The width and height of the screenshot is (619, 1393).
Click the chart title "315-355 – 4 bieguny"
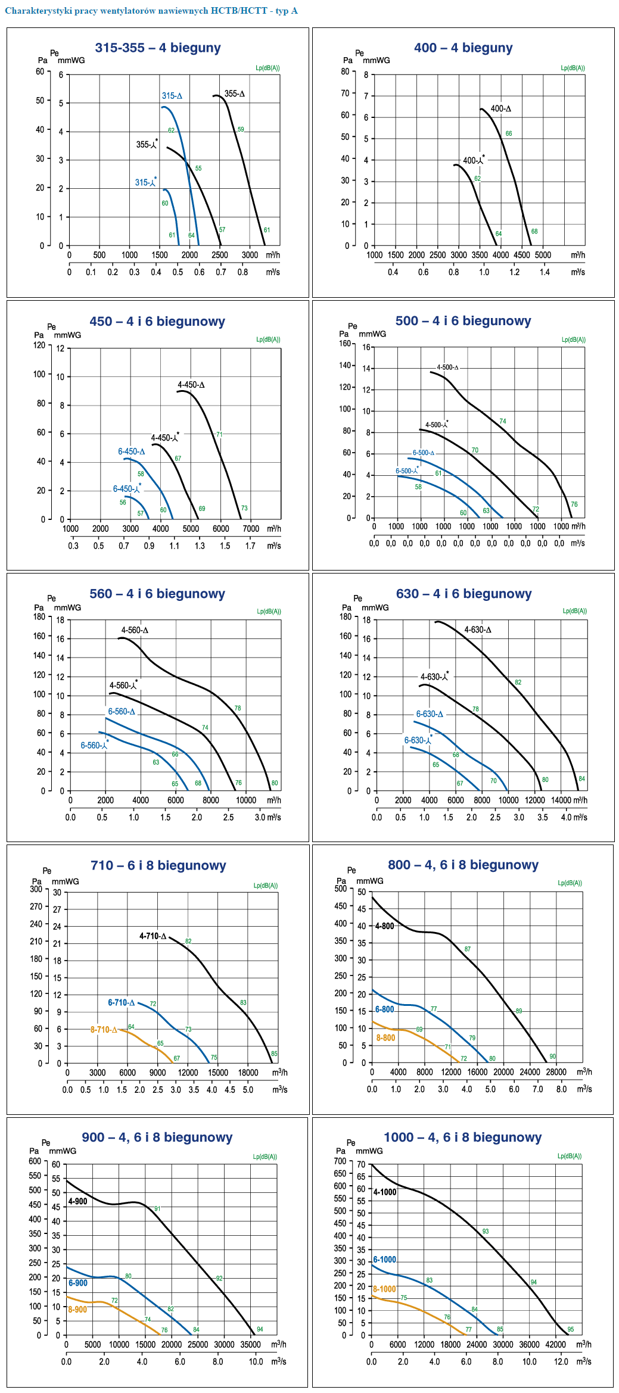coord(158,48)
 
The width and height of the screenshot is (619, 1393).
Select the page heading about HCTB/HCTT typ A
coord(151,11)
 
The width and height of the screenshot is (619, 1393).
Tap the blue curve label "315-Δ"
coord(172,96)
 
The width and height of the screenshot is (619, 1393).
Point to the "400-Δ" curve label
coord(500,109)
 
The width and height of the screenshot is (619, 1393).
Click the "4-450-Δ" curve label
coord(191,385)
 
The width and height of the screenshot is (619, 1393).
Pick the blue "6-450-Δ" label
coord(131,451)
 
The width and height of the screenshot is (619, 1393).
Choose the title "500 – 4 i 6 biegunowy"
coord(463,321)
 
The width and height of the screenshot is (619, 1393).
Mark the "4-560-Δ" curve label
coord(135,630)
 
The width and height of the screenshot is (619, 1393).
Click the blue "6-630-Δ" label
coord(430,714)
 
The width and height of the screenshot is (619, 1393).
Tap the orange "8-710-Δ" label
coord(104,1030)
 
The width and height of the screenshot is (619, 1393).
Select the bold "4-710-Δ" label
coord(153,936)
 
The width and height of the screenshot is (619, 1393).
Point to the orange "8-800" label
coord(385,1038)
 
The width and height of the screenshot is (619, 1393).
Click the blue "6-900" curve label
coord(78,1283)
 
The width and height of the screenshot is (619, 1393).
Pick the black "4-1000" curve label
coord(385,1192)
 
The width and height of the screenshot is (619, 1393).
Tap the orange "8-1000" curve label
coord(384,1289)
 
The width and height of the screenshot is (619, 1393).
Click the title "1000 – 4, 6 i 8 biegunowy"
coord(462,1138)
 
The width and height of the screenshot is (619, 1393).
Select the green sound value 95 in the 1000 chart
coord(571,1329)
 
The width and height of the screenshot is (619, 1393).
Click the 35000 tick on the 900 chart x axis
coord(250,1344)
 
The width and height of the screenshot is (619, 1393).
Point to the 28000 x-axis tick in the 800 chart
coord(556,1072)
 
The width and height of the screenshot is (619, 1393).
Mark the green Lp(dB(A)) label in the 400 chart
coord(573,68)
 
